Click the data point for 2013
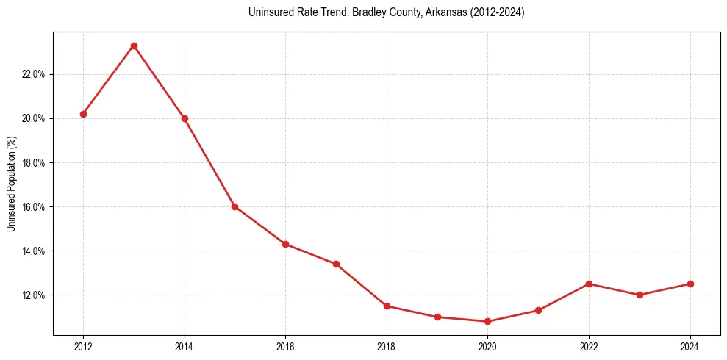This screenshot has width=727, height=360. click(x=134, y=46)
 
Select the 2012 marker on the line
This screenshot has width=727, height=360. click(x=83, y=114)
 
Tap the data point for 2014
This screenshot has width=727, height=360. click(x=185, y=118)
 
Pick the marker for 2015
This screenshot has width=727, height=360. click(x=234, y=206)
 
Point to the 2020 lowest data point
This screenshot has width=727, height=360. click(x=487, y=321)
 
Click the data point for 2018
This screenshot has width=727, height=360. click(x=387, y=306)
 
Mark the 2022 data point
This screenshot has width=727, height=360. click(x=589, y=284)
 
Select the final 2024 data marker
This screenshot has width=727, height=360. click(x=690, y=284)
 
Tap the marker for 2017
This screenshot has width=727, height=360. click(x=336, y=264)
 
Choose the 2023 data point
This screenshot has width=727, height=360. click(x=640, y=295)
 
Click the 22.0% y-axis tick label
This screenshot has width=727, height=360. click(x=35, y=74)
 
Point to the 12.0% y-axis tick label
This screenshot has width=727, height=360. click(x=35, y=295)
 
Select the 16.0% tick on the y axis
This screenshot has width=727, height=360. click(x=35, y=206)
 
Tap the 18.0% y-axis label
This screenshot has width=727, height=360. click(x=35, y=162)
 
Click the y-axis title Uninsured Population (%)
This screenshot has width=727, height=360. click(x=12, y=184)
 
